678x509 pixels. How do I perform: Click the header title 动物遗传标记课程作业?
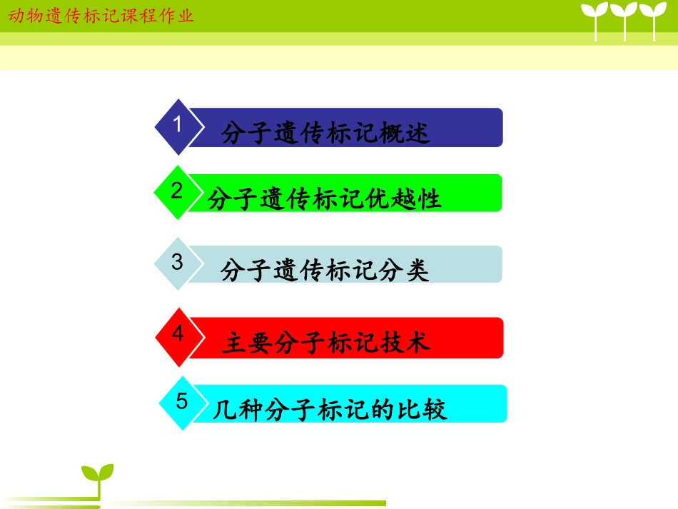click(101, 15)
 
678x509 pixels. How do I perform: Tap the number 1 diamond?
click(178, 126)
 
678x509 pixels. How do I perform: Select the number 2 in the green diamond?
click(176, 191)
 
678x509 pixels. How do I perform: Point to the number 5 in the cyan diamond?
click(181, 402)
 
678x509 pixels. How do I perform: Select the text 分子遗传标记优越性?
click(325, 199)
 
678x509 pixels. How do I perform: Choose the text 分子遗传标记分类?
click(325, 271)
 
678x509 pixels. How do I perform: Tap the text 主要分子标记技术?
click(326, 343)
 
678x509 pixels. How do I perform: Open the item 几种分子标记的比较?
click(330, 410)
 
